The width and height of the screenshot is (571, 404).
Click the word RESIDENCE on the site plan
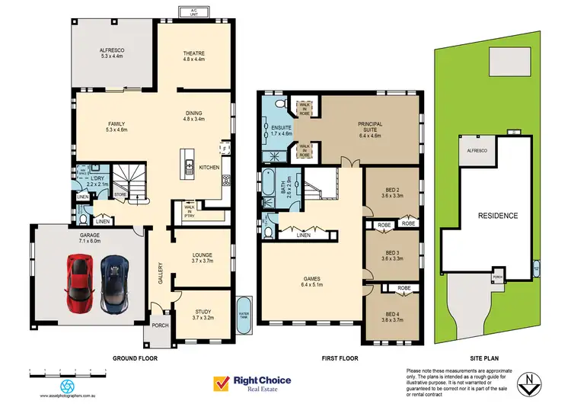point(497,216)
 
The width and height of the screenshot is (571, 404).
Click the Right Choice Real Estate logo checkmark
point(223,383)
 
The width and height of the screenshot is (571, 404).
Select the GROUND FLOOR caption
point(136,358)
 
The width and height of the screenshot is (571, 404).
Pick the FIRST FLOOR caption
point(339,358)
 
